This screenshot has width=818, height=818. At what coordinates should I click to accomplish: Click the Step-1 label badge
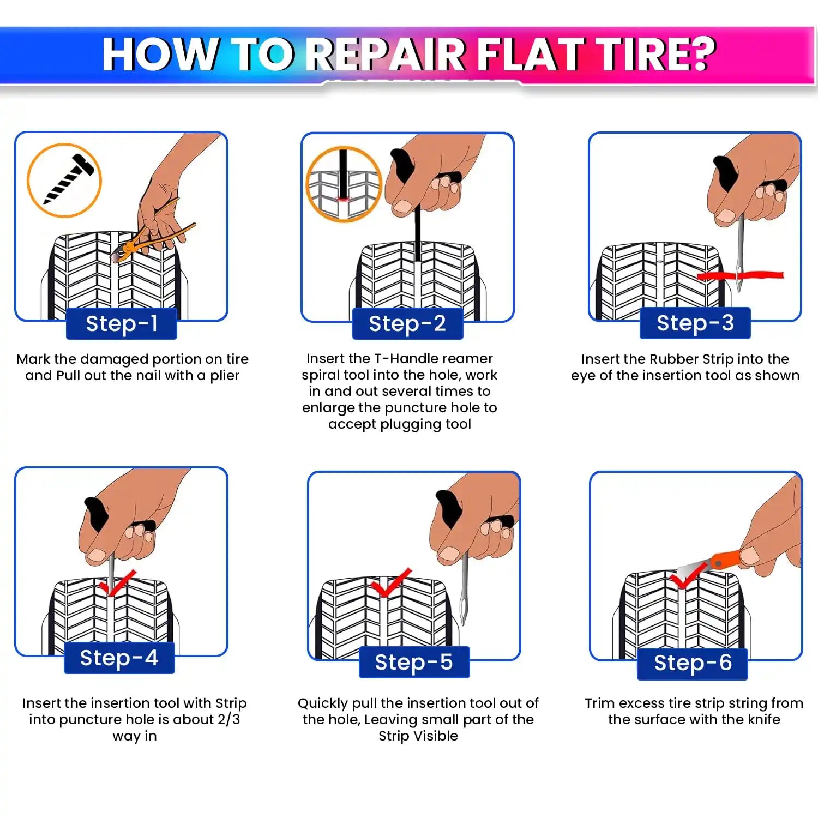(x=122, y=323)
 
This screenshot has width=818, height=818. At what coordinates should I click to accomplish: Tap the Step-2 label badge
(x=407, y=323)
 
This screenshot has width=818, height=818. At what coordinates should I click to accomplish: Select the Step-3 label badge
(x=695, y=323)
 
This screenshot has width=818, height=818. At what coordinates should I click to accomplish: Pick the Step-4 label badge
(x=119, y=658)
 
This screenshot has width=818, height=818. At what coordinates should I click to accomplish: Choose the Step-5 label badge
(x=414, y=662)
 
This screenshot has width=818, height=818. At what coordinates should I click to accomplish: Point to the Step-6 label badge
(x=692, y=663)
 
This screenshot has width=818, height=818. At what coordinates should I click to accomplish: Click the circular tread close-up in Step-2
(x=344, y=184)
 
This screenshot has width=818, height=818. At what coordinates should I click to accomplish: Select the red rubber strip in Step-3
(x=742, y=275)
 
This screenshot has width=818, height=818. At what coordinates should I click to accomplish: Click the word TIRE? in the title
(x=654, y=55)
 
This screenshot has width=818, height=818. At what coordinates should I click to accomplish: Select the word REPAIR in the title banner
(x=387, y=55)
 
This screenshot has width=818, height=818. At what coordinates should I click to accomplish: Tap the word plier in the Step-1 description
(x=225, y=376)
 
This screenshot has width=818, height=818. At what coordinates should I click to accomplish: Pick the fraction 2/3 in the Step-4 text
(x=228, y=719)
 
